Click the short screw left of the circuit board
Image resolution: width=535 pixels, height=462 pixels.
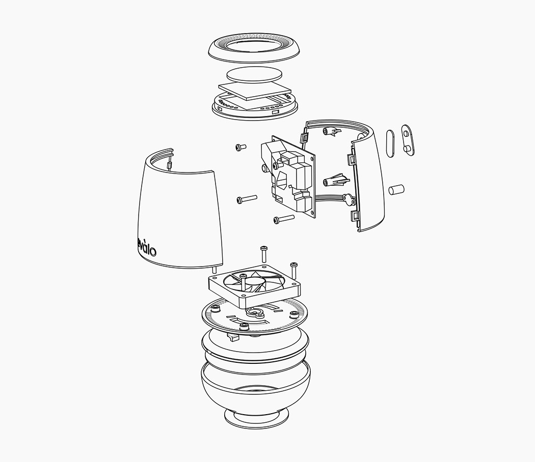pos(240,148)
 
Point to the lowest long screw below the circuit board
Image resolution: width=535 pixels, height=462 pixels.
pos(284,219)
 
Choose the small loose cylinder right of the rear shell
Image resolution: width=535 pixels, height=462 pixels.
pos(396,190)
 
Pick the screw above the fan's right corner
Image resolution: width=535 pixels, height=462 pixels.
pos(293,270)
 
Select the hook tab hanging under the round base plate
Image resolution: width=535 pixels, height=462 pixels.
pos(233,337)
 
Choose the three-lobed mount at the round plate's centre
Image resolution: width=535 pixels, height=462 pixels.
pos(253,312)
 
